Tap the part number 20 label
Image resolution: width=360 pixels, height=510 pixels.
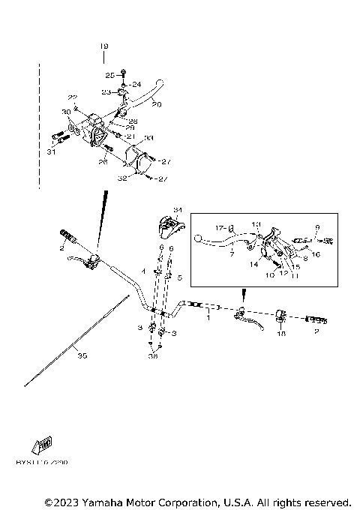156,104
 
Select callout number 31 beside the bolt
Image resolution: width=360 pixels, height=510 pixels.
51,151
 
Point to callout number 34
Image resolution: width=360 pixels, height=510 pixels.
178,208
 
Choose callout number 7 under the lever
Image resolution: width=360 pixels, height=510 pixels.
232,255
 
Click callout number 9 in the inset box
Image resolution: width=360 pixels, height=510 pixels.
317,227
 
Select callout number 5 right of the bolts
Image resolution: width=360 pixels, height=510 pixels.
180,277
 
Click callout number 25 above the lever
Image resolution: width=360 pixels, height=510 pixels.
109,76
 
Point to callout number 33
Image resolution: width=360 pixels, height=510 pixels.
149,138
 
